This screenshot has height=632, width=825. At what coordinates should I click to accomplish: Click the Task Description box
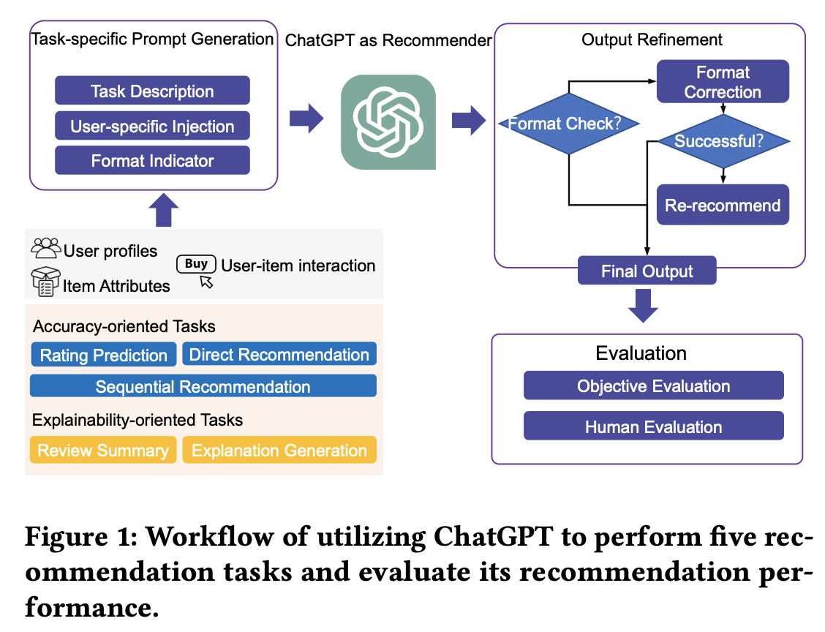point(152,91)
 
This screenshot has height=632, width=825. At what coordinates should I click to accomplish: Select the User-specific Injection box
point(152,126)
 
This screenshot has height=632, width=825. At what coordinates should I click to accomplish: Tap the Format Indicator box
point(152,160)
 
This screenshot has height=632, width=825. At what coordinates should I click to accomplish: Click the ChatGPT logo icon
point(388,122)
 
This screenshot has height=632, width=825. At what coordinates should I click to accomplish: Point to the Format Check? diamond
point(569,124)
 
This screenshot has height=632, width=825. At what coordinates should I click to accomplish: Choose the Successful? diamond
point(723,141)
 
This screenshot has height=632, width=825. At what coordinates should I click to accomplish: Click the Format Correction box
point(723,82)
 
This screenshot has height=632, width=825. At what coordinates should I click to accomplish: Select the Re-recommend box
point(723,205)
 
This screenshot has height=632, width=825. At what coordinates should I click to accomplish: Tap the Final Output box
point(647,271)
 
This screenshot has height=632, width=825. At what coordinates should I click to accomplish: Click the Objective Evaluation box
point(653,385)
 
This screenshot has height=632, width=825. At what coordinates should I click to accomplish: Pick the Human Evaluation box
point(653,426)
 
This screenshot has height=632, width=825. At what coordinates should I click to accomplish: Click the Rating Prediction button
point(103,355)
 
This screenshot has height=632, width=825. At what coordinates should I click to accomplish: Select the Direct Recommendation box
point(279,354)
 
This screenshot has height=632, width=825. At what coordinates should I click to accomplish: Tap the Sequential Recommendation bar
point(203,385)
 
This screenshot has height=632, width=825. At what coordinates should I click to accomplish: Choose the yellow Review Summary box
point(103,450)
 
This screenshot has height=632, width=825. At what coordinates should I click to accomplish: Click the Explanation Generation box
point(279,450)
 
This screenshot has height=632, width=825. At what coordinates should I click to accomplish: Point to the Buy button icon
point(196,264)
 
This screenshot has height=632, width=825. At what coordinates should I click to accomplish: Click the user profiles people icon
point(46,248)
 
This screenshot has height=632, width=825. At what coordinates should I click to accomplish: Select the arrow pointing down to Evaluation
point(644,306)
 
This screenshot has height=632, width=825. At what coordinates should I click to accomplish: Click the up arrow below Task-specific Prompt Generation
point(164,210)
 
